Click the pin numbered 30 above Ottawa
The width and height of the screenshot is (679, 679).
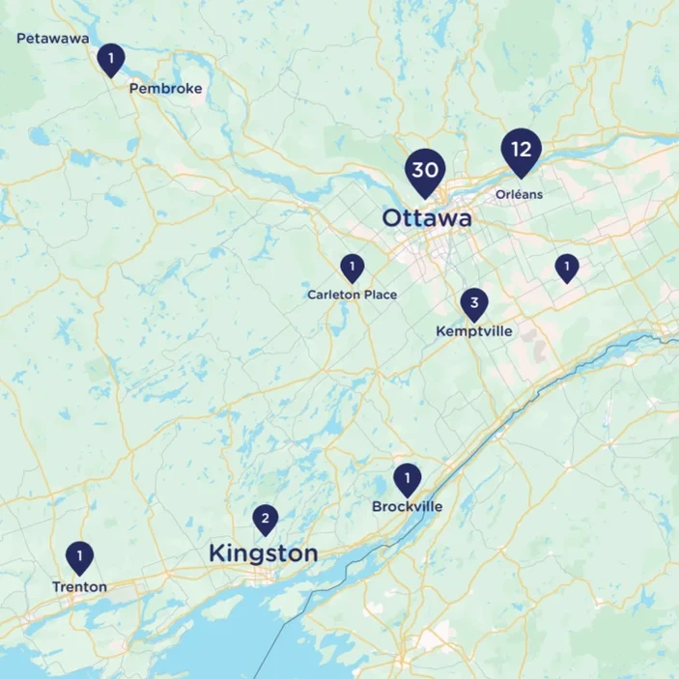point(424,170)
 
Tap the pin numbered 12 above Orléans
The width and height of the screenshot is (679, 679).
point(521,150)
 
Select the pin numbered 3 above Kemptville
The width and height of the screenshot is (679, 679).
point(473,304)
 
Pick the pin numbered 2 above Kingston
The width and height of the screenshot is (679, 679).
point(265,520)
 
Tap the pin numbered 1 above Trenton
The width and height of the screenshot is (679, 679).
point(79,556)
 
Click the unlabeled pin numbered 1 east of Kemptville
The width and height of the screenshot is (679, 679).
point(566,267)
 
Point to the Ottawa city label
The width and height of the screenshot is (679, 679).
point(427,219)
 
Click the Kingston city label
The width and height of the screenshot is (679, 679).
point(263,553)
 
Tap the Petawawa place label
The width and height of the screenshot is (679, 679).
point(53,39)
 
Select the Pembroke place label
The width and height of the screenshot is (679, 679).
point(165,89)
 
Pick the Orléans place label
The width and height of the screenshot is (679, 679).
point(519,194)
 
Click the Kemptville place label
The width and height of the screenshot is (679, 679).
point(474,331)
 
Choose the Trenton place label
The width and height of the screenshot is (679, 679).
point(79,586)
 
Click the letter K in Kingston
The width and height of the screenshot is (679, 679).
point(216,553)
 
